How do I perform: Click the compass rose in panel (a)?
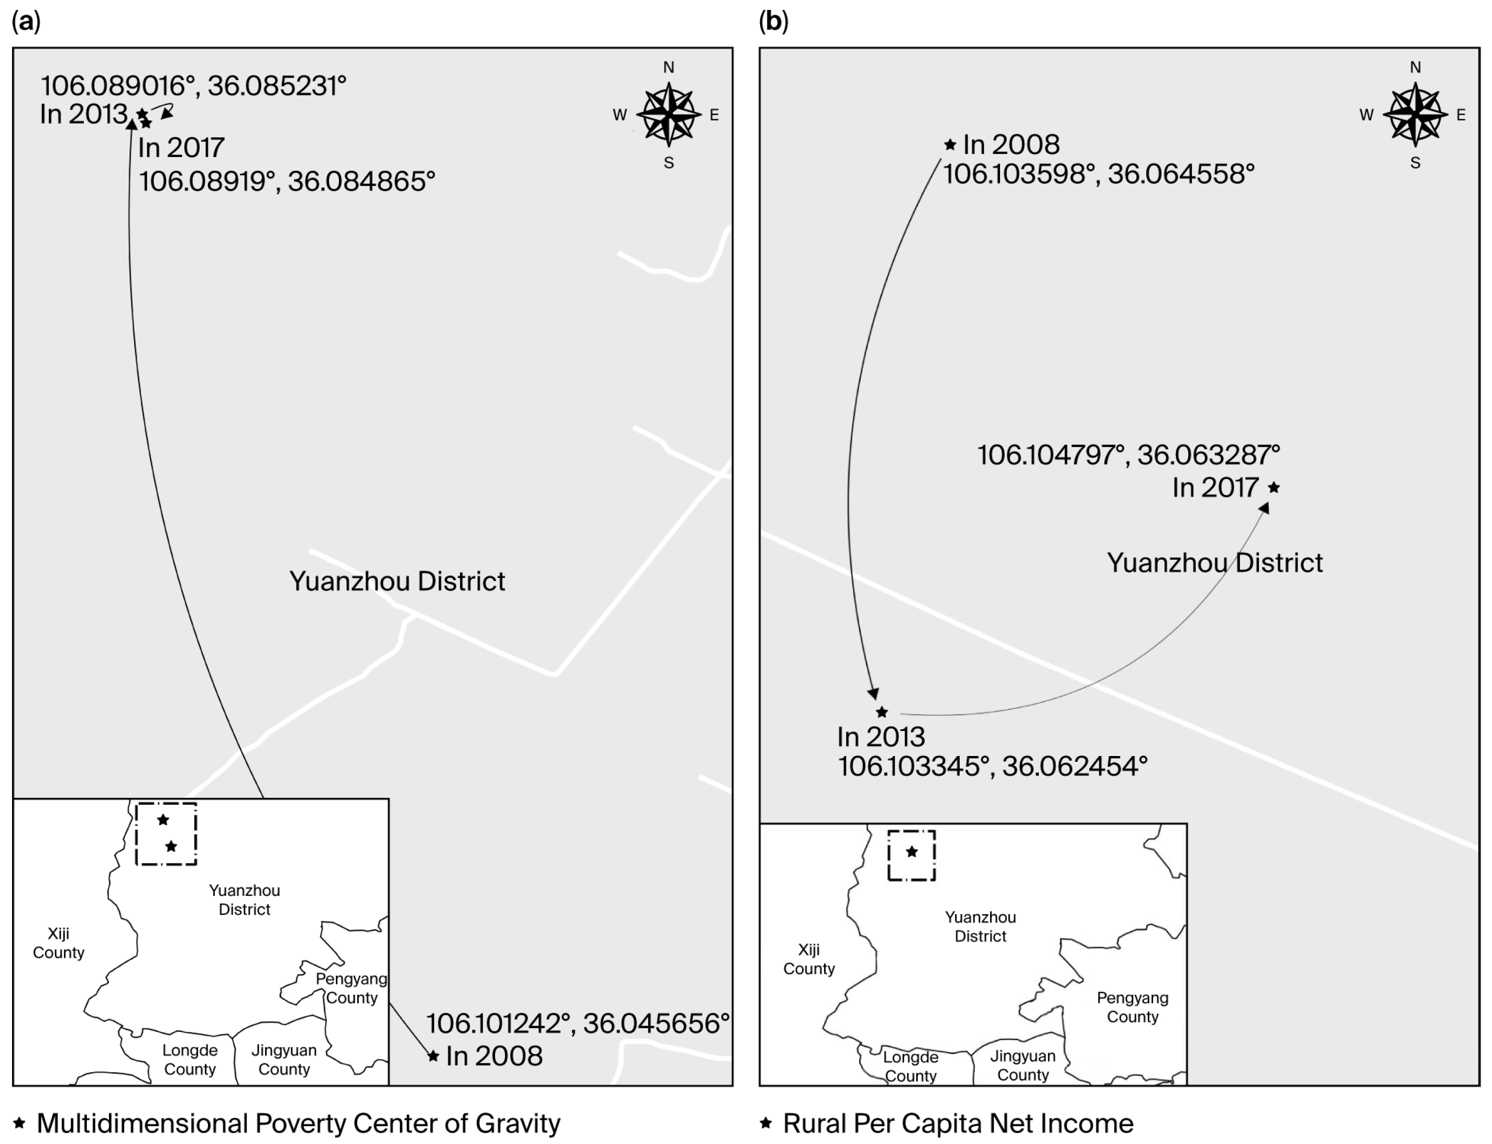click(668, 114)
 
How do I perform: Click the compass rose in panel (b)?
click(1415, 114)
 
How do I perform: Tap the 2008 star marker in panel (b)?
click(950, 145)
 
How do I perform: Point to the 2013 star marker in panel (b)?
click(882, 712)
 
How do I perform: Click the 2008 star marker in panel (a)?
click(433, 1056)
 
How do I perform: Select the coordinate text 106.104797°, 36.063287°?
click(1129, 455)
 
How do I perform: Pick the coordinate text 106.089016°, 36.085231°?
click(193, 86)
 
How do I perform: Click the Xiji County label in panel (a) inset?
click(59, 943)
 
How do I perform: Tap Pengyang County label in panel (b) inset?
click(1132, 1007)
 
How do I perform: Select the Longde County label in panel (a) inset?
click(190, 1060)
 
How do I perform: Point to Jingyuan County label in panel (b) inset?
click(1023, 1065)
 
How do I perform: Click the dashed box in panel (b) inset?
click(912, 856)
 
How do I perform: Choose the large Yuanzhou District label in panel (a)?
click(397, 581)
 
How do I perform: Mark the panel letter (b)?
click(773, 22)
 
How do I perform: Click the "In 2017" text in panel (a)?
click(181, 147)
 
